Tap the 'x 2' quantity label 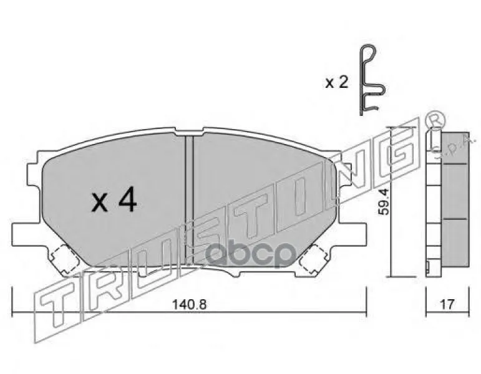[x=337, y=82]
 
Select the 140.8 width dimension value [x=189, y=304]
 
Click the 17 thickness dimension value [x=447, y=304]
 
